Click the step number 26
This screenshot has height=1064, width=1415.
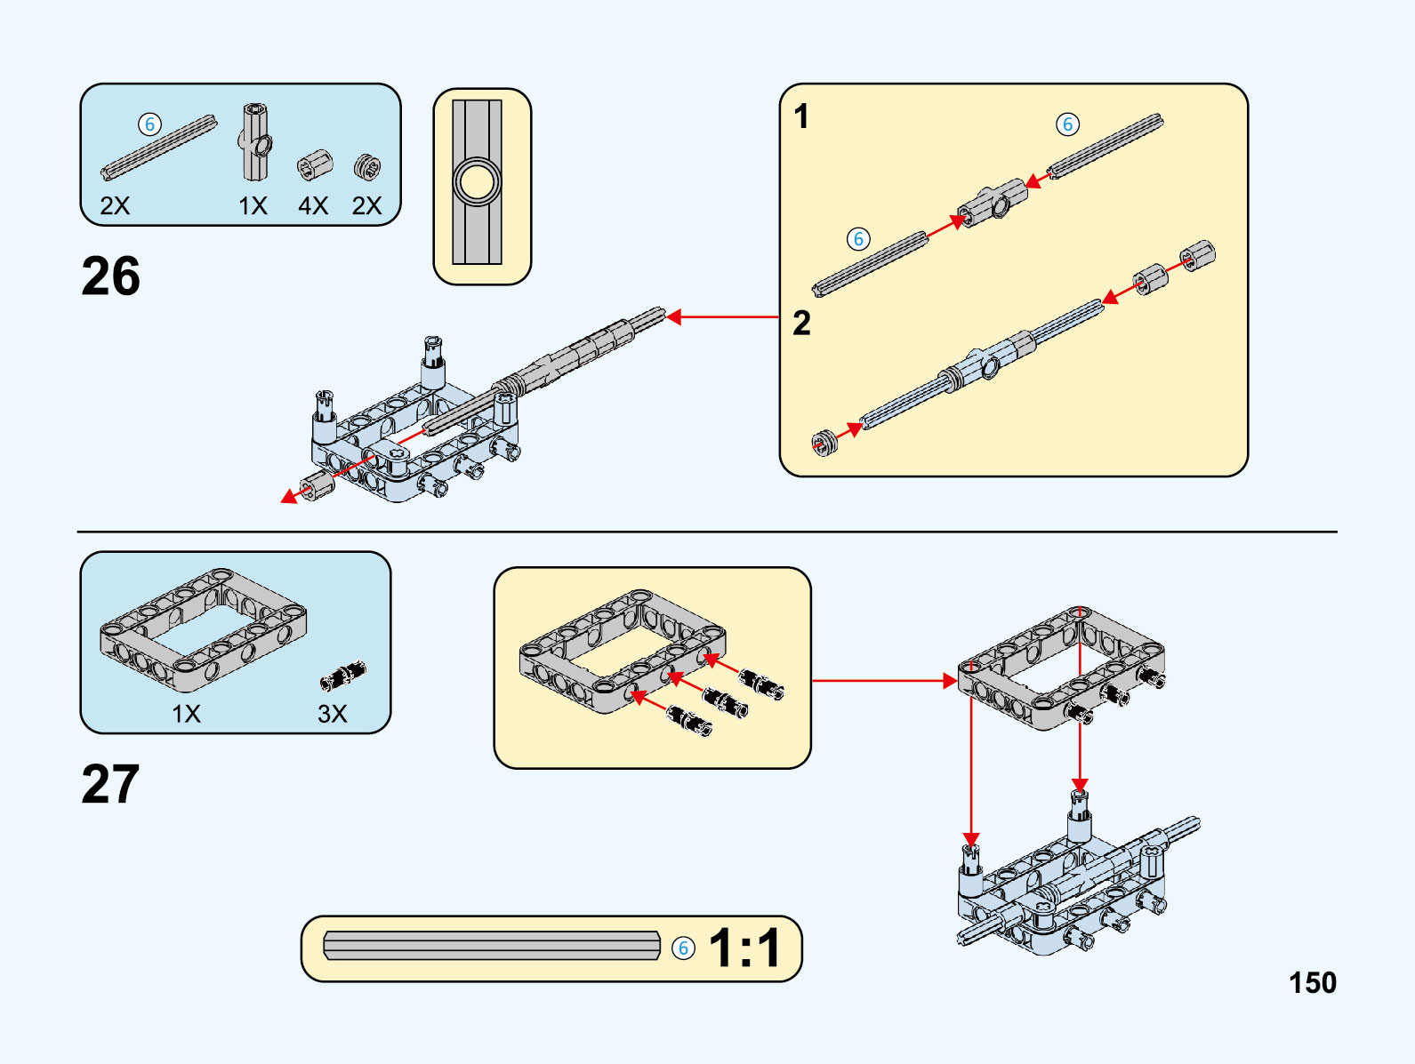tap(111, 276)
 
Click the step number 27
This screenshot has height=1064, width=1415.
tap(111, 784)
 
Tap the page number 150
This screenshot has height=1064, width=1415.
tap(1312, 982)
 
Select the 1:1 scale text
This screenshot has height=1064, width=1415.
tap(745, 948)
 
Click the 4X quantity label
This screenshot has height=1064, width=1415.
tap(313, 206)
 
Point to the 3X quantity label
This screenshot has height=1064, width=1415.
tap(332, 714)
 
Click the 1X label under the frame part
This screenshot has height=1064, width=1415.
tap(186, 714)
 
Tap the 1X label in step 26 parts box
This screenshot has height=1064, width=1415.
tap(253, 206)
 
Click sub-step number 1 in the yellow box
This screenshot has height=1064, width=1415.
tap(801, 116)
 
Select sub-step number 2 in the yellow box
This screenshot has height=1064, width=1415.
tap(801, 324)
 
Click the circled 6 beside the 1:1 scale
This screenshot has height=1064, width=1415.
tap(683, 948)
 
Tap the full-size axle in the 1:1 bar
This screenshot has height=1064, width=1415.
tap(492, 946)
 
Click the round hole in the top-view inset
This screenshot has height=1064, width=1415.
tap(478, 182)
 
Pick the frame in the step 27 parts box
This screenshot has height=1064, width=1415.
tap(203, 629)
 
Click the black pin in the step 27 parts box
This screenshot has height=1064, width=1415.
tap(343, 676)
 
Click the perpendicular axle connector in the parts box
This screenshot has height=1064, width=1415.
tap(254, 141)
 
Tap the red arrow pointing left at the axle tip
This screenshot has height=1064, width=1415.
tap(720, 316)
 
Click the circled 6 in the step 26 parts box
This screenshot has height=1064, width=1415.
tap(149, 124)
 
